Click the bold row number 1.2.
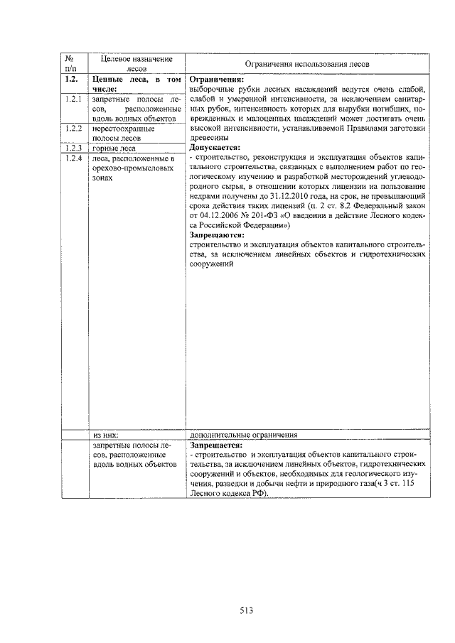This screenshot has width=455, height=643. coord(70,80)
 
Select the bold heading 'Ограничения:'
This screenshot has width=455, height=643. coord(217,80)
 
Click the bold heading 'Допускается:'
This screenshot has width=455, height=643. coord(215,148)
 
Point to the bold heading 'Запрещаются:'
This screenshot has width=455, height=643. coord(217,234)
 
